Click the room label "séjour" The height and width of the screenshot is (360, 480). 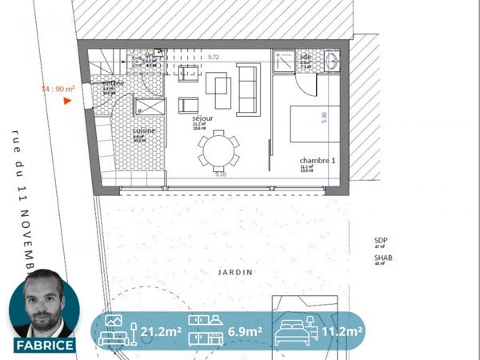[x=202, y=118]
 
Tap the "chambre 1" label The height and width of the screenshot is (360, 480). [x=317, y=159]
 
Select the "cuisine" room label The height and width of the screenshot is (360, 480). [x=144, y=130]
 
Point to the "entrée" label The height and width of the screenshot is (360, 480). [x=113, y=83]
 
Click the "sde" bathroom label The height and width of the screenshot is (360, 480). [x=306, y=57]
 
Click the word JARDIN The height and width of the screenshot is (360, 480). [x=235, y=272]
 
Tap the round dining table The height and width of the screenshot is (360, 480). [x=218, y=149]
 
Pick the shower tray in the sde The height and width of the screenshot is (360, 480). [x=283, y=62]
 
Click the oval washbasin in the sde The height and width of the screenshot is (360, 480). [x=331, y=60]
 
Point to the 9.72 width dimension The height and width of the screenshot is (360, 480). [x=214, y=58]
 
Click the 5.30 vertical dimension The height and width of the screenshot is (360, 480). [x=324, y=115]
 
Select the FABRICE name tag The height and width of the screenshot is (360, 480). [x=45, y=346]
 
